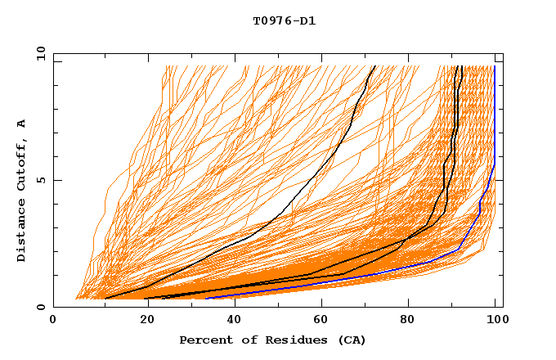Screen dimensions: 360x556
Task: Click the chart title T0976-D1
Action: (284, 21)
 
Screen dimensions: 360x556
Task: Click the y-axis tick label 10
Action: (40, 53)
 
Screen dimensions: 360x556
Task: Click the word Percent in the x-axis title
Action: (204, 340)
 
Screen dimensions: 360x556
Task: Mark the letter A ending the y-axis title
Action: (21, 124)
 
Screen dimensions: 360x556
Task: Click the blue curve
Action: (494, 123)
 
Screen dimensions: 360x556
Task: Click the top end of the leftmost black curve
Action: (374, 66)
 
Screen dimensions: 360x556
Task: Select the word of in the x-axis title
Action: (247, 340)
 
